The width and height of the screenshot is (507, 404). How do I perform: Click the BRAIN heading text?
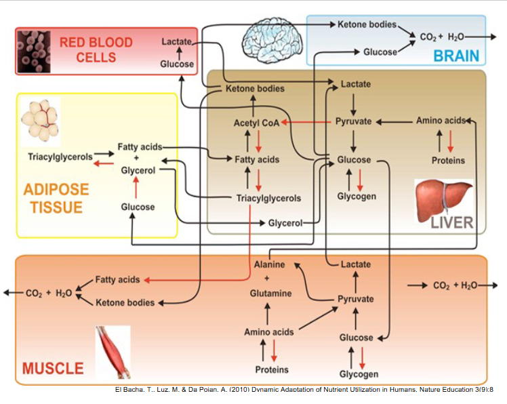[x=456, y=56]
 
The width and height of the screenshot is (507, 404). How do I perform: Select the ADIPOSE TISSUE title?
[x=56, y=197]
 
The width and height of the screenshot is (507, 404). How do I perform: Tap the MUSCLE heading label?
[x=53, y=369]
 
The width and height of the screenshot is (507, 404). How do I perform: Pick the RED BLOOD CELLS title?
[x=96, y=49]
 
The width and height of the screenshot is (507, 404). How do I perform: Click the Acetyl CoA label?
[x=251, y=123]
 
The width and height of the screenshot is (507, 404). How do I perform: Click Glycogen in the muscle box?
[x=359, y=373]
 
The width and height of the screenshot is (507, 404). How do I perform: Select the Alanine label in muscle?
[x=269, y=264]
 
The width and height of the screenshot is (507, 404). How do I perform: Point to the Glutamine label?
[x=270, y=294]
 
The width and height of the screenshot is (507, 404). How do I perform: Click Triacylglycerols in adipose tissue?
[x=60, y=157]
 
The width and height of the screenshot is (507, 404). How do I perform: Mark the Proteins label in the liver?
[x=448, y=161]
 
